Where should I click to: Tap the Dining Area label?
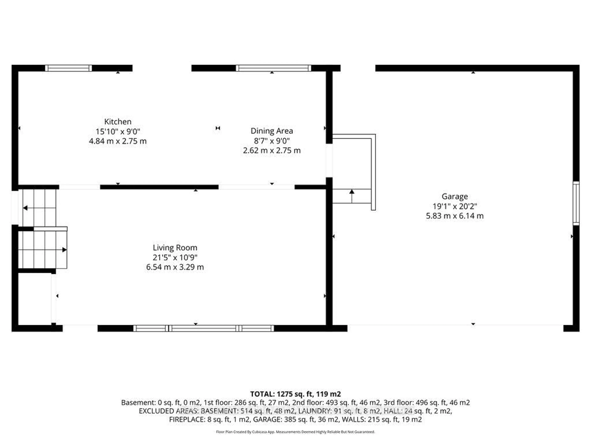272,131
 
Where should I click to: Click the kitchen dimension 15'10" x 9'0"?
118,131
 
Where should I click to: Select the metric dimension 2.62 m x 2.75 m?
272,150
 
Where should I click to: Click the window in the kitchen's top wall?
68,68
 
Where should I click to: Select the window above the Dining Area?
273,68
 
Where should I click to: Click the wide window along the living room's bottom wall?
204,328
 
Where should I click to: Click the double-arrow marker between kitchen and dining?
218,128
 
